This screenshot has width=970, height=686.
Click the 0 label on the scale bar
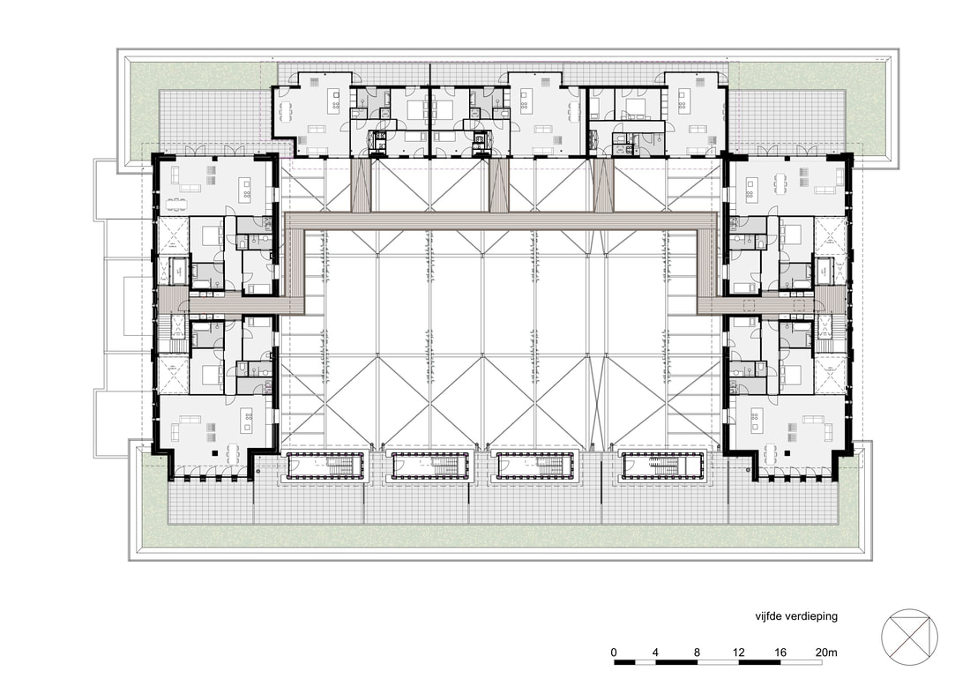(614, 652)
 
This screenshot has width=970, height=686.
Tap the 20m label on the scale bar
(826, 652)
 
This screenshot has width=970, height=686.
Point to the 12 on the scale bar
(739, 652)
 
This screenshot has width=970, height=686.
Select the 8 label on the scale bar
(698, 652)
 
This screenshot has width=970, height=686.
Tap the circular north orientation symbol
(909, 637)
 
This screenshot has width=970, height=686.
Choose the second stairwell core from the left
(430, 466)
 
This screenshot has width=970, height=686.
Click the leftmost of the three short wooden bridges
(360, 185)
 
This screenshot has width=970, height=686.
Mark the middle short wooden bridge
(498, 185)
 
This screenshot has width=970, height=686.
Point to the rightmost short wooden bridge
(602, 185)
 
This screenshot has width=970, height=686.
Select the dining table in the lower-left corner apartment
(233, 454)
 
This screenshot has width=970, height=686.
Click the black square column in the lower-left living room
(214, 453)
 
